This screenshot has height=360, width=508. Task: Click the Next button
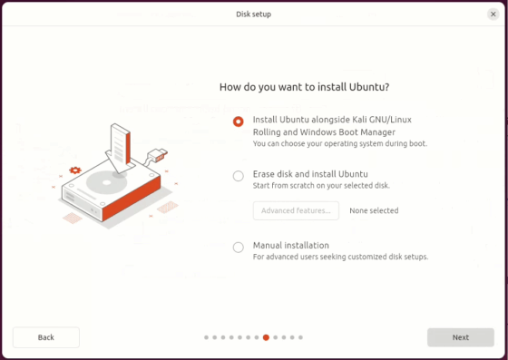(x=461, y=337)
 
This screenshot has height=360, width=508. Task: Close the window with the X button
(x=493, y=14)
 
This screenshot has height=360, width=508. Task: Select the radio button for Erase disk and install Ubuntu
(x=239, y=176)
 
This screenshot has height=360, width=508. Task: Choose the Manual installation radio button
(x=239, y=247)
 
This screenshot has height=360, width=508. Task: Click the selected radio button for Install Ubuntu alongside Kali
(x=239, y=122)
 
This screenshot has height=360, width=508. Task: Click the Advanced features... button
(x=296, y=210)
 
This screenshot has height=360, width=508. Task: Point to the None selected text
(x=374, y=210)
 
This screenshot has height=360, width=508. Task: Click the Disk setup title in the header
(x=253, y=14)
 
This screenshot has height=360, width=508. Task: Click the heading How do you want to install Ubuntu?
(x=305, y=87)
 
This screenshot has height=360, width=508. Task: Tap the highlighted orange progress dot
(x=266, y=337)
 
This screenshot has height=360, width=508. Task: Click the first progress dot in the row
(x=207, y=337)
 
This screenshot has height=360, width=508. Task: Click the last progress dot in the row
(x=300, y=337)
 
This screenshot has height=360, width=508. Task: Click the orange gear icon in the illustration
(x=75, y=170)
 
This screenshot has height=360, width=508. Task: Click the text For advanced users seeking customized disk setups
(x=340, y=257)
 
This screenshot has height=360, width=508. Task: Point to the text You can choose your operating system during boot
(x=340, y=143)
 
